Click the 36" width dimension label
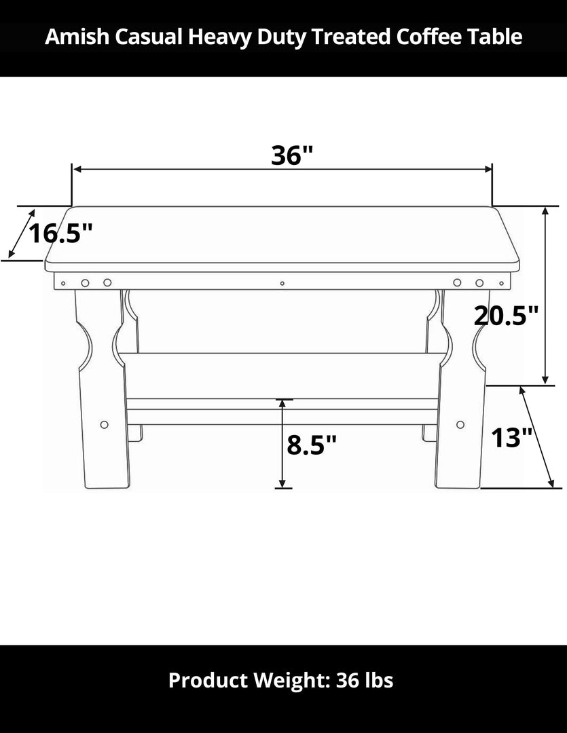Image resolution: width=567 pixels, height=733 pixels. (x=291, y=155)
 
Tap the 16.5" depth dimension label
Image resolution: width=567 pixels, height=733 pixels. (x=60, y=233)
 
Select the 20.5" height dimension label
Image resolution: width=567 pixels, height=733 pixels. (x=506, y=315)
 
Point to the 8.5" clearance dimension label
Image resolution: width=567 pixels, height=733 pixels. (x=312, y=445)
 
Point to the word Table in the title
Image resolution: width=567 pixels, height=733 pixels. (x=498, y=37)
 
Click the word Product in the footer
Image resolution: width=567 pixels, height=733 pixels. (x=207, y=680)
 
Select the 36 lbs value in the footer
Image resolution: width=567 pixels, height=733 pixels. (x=364, y=680)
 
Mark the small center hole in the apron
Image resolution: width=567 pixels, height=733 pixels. (x=282, y=283)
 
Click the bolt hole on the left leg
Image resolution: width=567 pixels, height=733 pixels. (x=104, y=424)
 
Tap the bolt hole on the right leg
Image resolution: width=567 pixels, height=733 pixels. (x=460, y=424)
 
